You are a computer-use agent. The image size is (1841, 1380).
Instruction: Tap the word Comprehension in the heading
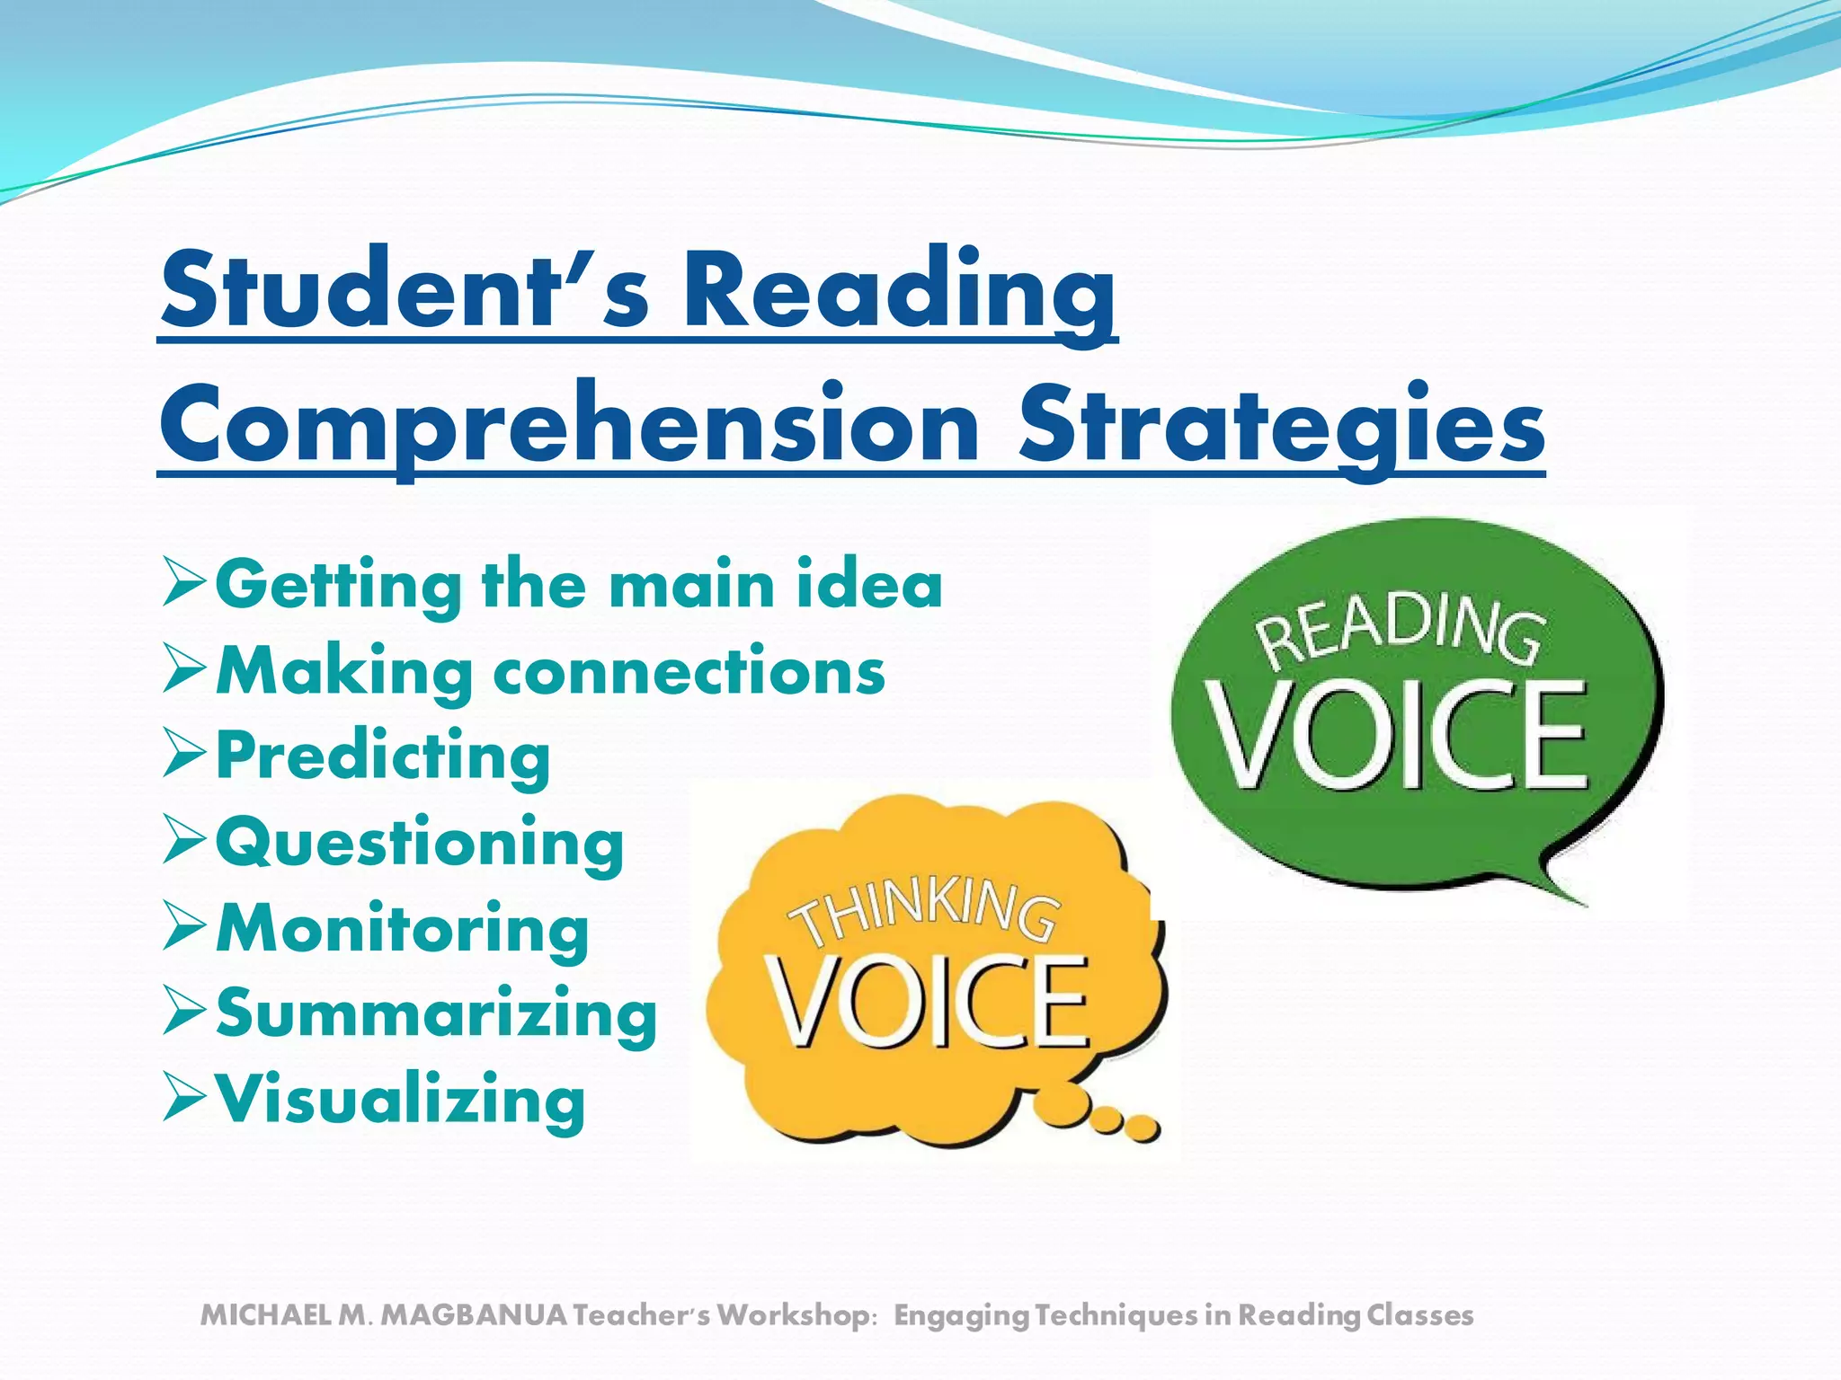pos(569,425)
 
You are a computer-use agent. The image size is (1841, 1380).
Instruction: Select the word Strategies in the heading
pos(1281,425)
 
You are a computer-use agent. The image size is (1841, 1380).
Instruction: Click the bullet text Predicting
pos(383,756)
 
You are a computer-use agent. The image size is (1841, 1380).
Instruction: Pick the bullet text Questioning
pos(420,843)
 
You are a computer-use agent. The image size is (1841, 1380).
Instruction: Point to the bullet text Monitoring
pos(403,928)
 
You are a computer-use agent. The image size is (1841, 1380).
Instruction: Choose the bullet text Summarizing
pos(437,1013)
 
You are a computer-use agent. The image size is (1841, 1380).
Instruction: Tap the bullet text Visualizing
pos(401,1099)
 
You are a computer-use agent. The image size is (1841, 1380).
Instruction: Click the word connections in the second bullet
pos(689,671)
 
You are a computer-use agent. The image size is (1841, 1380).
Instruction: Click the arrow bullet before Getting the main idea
pos(184,584)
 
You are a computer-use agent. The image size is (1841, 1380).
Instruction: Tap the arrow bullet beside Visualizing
pos(184,1098)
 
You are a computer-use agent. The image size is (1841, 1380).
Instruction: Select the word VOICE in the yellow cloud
pos(928,1002)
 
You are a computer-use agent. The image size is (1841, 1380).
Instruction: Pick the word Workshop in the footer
pos(792,1315)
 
